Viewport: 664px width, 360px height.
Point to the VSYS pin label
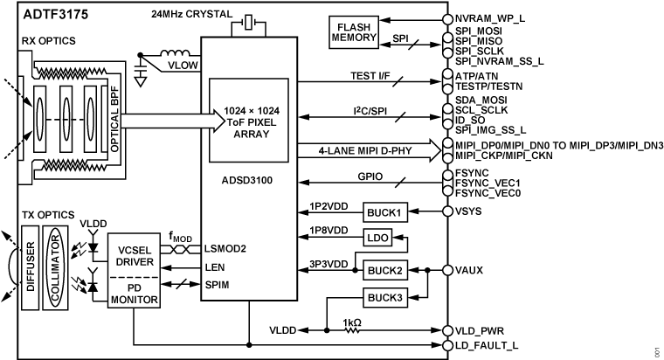[469, 212]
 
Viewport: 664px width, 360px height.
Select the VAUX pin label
[469, 270]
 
